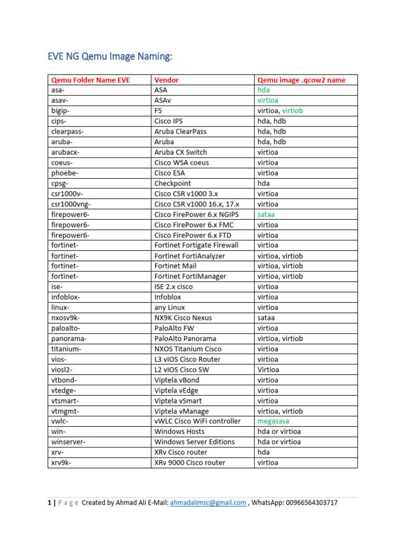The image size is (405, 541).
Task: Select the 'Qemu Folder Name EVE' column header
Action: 90,80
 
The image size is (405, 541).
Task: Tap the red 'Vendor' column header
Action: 166,80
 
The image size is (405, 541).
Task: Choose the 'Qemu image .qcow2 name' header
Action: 301,80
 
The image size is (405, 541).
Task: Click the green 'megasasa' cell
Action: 273,421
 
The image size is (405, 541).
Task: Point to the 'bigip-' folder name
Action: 60,111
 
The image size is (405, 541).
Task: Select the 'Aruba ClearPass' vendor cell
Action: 180,132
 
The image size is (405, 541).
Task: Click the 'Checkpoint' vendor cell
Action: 173,183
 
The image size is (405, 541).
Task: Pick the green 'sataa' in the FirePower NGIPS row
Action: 266,214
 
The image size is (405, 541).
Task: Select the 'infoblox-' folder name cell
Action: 65,297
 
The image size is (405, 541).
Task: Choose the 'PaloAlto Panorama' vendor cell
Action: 185,338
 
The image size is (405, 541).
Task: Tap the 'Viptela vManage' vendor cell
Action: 181,411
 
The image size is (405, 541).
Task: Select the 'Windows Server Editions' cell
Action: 194,442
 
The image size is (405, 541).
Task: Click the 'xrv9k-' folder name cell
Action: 61,462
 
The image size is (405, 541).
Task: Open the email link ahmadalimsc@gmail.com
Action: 208,502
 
